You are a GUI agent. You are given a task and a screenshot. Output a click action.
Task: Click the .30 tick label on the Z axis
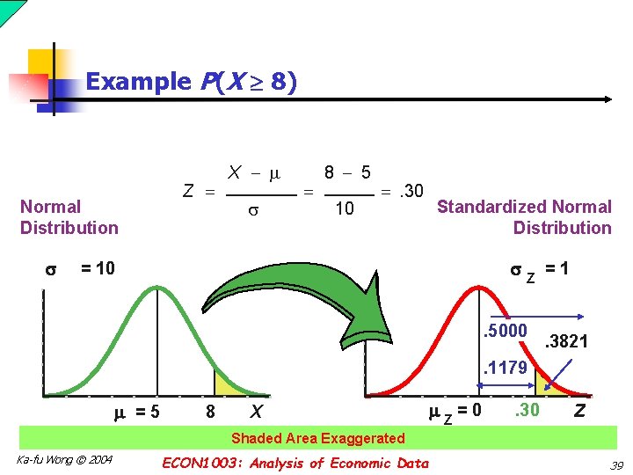coord(527,409)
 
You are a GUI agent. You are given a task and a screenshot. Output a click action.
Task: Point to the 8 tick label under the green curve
coord(210,411)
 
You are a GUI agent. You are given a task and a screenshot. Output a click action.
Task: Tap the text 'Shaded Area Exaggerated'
coord(317,438)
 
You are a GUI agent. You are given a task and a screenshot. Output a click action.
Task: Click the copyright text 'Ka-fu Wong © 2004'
coord(64,460)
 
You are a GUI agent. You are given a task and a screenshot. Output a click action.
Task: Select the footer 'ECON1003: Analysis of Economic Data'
coord(295,464)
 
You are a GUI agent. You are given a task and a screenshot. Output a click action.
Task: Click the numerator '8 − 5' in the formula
coord(346,173)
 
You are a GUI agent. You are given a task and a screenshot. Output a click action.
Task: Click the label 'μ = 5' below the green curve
coord(137,411)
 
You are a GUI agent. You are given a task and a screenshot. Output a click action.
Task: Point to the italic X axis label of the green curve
coord(256,411)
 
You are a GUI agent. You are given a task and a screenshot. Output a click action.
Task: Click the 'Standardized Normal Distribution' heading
coord(524,217)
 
